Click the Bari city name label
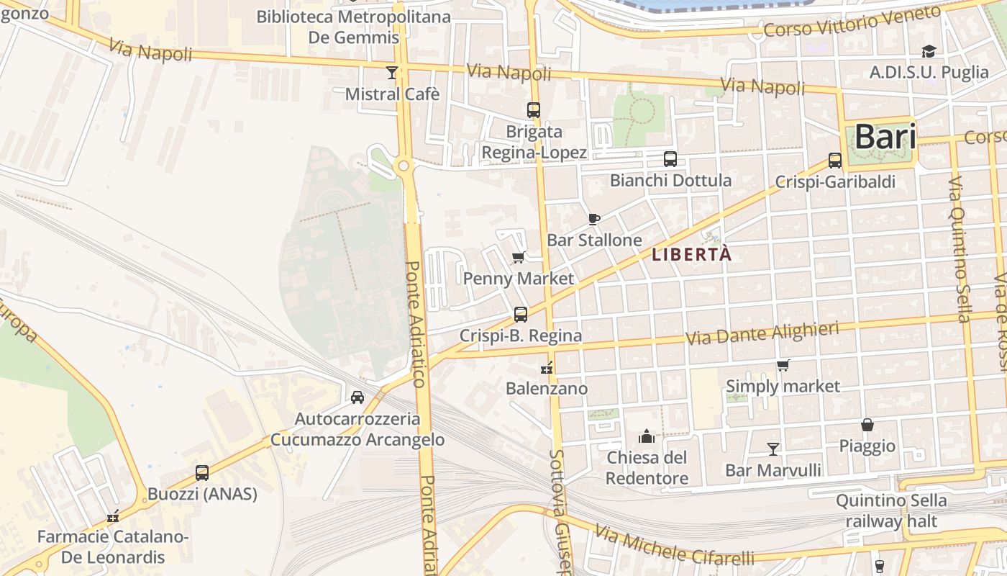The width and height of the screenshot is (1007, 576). pyautogui.click(x=885, y=137)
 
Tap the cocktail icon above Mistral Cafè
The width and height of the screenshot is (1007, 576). pyautogui.click(x=391, y=72)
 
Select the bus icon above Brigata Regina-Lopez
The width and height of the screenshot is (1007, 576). pyautogui.click(x=533, y=110)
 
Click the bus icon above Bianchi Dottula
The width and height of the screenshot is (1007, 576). pyautogui.click(x=670, y=158)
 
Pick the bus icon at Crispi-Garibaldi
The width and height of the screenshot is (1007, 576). pyautogui.click(x=834, y=161)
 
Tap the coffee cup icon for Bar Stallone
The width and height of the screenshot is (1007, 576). pyautogui.click(x=593, y=219)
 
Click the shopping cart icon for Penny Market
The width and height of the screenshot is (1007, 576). pyautogui.click(x=518, y=257)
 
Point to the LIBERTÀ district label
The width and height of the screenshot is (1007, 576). pyautogui.click(x=691, y=254)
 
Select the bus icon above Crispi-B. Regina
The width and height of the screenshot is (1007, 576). pyautogui.click(x=520, y=315)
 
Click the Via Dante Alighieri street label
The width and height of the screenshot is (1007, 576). pyautogui.click(x=762, y=333)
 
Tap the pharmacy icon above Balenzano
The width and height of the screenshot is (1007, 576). pyautogui.click(x=547, y=368)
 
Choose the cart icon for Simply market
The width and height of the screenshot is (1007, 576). pyautogui.click(x=783, y=366)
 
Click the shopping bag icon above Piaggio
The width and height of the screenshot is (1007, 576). pyautogui.click(x=867, y=426)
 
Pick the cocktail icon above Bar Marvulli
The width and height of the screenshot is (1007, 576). pyautogui.click(x=773, y=449)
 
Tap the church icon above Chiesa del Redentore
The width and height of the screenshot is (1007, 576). pyautogui.click(x=646, y=436)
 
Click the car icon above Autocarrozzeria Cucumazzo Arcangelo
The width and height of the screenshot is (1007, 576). pyautogui.click(x=357, y=397)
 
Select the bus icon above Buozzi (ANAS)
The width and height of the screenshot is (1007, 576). pyautogui.click(x=202, y=473)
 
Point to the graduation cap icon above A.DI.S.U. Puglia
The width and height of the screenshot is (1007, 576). pyautogui.click(x=929, y=51)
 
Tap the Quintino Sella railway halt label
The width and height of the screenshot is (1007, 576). pyautogui.click(x=891, y=510)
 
